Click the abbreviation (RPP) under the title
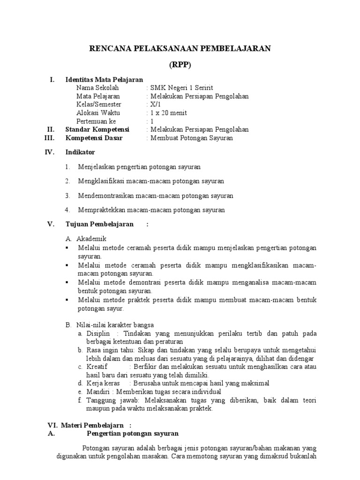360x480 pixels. pyautogui.click(x=180, y=66)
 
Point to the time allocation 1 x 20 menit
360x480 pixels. pyautogui.click(x=168, y=113)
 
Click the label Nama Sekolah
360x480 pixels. pyautogui.click(x=97, y=88)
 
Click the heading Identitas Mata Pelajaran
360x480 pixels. pyautogui.click(x=104, y=80)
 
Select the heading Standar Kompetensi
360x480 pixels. pyautogui.click(x=97, y=129)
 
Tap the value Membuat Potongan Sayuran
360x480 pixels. pyautogui.click(x=191, y=138)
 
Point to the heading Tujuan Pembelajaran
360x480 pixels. pyautogui.click(x=99, y=224)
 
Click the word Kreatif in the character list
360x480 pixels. pyautogui.click(x=97, y=367)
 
